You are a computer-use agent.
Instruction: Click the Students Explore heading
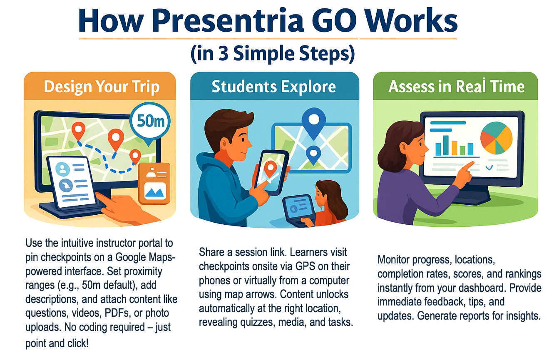tap(274, 86)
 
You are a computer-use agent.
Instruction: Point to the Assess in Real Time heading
tap(457, 86)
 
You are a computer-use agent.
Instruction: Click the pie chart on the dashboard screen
tap(497, 138)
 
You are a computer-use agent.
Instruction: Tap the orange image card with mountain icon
tap(154, 184)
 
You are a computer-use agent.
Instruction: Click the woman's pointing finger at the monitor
tap(469, 166)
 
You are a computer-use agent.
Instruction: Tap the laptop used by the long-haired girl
tap(298, 210)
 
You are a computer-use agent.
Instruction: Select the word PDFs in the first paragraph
tap(117, 313)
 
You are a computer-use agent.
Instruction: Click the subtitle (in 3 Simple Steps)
tap(273, 54)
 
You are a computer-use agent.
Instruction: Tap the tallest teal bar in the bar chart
tap(446, 145)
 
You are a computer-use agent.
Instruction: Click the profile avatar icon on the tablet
tap(62, 169)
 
